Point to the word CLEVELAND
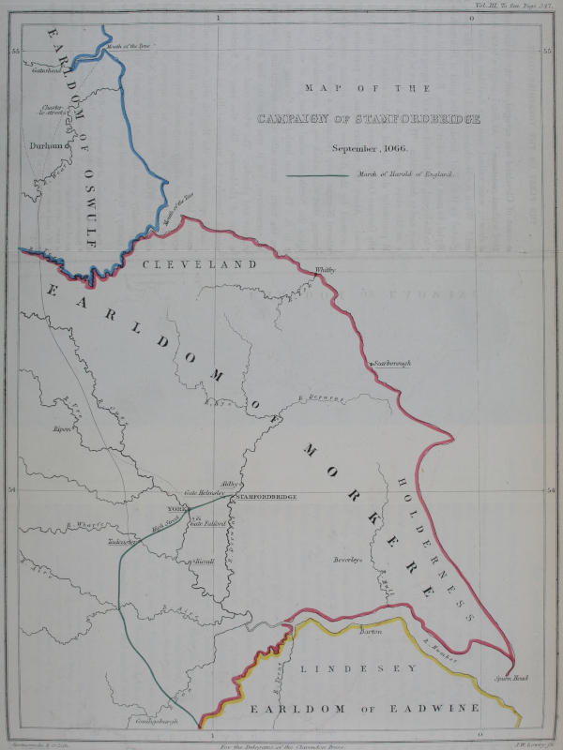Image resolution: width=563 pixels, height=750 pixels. [x=199, y=265]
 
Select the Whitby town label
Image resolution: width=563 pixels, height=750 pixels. [x=325, y=270]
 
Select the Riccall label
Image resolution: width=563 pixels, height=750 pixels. [x=203, y=561]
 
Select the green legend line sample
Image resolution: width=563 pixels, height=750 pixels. [x=319, y=174]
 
